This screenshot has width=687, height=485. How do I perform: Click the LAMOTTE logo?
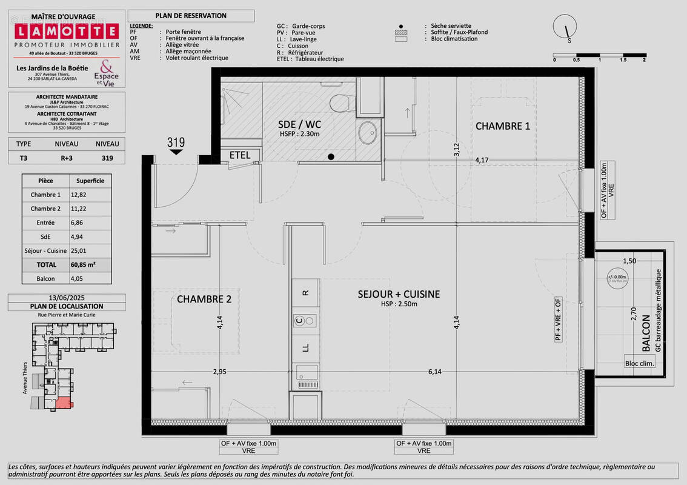(x=67, y=31)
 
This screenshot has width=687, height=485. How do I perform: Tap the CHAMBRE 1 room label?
(x=502, y=126)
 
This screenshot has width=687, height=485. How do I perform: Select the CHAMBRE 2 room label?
(x=204, y=299)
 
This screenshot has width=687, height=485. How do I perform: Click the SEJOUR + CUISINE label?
(x=399, y=294)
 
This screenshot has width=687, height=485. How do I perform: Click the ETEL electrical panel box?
(x=240, y=155)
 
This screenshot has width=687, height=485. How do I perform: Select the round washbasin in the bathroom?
(x=367, y=131)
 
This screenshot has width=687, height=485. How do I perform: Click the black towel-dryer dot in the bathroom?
(x=331, y=157)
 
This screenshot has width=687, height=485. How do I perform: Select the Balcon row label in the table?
(x=45, y=278)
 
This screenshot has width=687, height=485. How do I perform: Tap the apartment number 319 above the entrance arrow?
(x=176, y=143)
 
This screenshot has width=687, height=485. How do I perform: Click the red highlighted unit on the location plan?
(x=63, y=403)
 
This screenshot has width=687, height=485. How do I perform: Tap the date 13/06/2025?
(x=67, y=298)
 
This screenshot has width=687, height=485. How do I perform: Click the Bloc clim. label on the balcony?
(x=639, y=364)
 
